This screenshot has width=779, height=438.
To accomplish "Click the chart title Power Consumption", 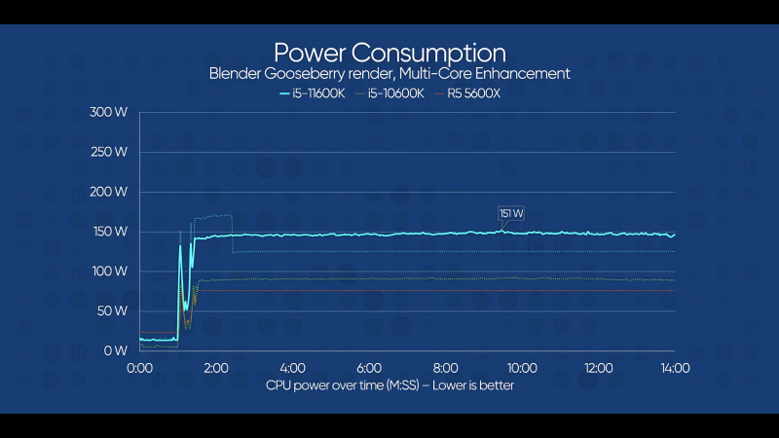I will (389, 52).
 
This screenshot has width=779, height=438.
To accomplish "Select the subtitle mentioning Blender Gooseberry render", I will (389, 74).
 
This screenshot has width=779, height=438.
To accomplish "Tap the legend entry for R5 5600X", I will (466, 93).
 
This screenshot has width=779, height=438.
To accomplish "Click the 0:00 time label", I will (140, 369).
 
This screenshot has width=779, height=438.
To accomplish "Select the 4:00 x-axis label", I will (293, 369).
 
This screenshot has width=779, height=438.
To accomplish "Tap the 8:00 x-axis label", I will (446, 369).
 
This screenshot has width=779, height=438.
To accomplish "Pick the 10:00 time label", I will (522, 369).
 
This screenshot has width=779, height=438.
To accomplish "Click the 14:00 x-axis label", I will (675, 369).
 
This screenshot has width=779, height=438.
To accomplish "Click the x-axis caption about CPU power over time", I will (389, 385).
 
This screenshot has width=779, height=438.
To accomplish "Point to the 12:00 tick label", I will (599, 369).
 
